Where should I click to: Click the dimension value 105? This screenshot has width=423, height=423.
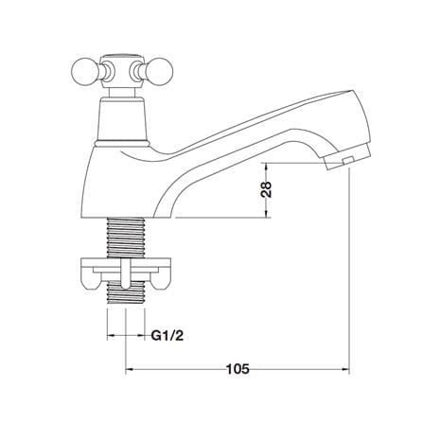238,368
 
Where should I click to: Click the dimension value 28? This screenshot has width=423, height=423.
267,189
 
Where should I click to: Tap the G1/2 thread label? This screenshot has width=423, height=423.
167,336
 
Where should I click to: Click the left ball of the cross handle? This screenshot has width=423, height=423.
82,71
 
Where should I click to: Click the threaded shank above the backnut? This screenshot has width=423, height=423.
126,238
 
